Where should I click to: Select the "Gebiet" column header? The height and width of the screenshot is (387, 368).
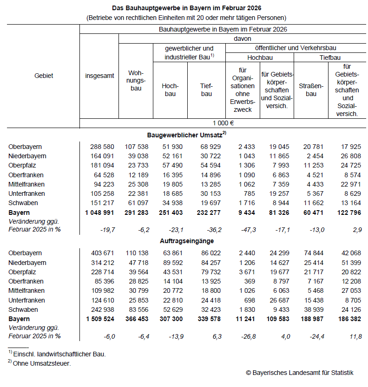coord(44,76)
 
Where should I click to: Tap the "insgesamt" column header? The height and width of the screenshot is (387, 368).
coord(99,76)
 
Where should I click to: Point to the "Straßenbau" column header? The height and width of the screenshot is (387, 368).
coord(311,90)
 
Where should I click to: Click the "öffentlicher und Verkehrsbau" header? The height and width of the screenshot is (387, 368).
coord(296,48)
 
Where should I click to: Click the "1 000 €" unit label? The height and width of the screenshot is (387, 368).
coord(223,123)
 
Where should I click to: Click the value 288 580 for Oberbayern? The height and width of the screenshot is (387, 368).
coord(102,147)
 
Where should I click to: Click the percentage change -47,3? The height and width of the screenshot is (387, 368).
coord(246,229)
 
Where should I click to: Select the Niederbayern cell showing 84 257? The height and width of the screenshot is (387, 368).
coord(210,263)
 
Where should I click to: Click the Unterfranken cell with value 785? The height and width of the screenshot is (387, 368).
coord(250,193)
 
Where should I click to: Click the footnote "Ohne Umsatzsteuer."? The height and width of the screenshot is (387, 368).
coord(42,364)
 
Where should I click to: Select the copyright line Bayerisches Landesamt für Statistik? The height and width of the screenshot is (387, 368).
coord(300,373)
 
